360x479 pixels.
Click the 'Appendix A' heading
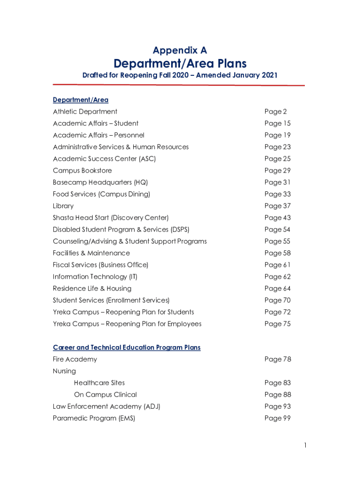click(180, 50)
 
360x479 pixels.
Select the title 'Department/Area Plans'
click(180, 63)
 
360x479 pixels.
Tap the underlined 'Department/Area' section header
click(80, 100)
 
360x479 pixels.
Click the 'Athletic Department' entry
click(85, 111)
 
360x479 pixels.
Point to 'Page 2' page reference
click(275, 111)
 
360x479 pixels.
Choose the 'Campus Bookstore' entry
click(82, 170)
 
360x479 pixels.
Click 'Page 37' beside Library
click(277, 206)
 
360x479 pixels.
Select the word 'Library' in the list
click(63, 206)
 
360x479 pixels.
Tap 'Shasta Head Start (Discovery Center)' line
click(111, 218)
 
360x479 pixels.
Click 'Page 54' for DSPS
click(277, 229)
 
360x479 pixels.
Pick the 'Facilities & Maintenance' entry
click(91, 253)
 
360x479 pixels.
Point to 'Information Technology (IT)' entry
click(95, 276)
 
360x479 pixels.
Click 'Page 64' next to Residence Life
click(277, 288)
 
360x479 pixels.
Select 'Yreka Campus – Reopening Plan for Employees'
click(127, 324)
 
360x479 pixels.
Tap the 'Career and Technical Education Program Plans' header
click(127, 348)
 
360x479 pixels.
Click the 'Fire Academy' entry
click(75, 359)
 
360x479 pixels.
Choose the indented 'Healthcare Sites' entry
click(99, 383)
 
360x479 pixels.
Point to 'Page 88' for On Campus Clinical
click(277, 394)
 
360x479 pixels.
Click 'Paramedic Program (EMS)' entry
click(94, 418)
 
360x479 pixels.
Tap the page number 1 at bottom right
click(305, 446)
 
